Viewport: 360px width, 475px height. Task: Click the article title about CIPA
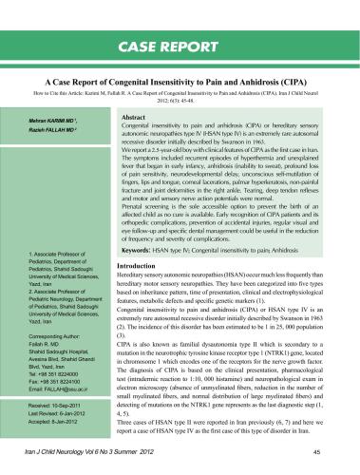pyautogui.click(x=180, y=84)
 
